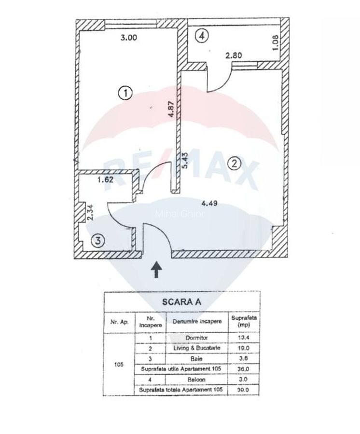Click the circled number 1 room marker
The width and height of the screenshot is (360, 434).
pos(125,93)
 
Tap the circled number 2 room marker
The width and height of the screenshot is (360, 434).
pos(235,163)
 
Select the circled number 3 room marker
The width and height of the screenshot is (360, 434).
pos(98,241)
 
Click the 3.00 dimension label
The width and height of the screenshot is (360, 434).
pos(128,38)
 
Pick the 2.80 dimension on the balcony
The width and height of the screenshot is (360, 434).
pos(234,55)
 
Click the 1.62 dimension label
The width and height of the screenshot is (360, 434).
pos(105,180)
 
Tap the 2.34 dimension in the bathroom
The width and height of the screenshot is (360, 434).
pos(89,212)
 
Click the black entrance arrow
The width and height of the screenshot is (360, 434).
pos(156,270)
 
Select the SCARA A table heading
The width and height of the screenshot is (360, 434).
pos(182,302)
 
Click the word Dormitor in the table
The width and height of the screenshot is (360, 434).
pos(196,338)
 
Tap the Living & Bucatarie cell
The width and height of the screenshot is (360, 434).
pos(196,348)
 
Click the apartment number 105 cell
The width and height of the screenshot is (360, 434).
pos(119,364)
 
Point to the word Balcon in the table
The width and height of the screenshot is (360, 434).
pos(196,380)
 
